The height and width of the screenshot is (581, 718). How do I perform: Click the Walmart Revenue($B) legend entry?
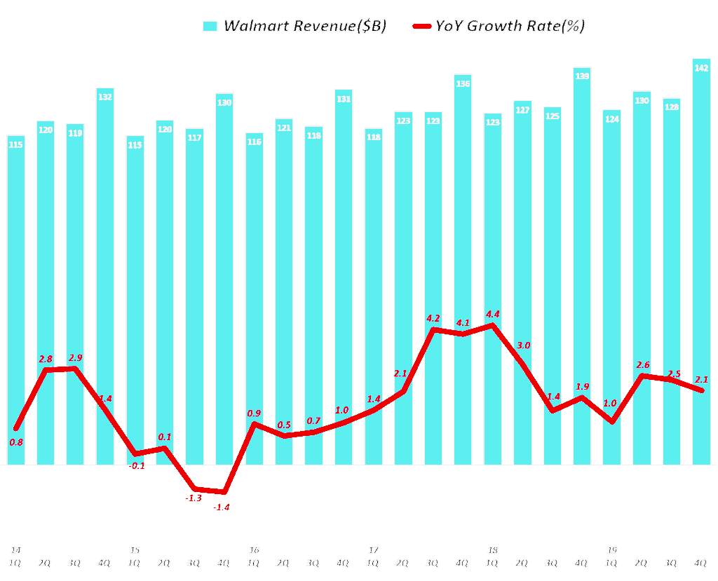(294, 26)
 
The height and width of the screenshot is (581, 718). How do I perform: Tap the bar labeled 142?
(701, 266)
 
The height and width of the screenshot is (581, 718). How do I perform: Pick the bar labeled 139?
(582, 266)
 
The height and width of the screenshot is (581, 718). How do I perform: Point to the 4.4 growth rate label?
(492, 314)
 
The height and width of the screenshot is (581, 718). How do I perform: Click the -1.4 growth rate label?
(222, 507)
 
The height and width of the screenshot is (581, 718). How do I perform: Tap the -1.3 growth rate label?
(194, 498)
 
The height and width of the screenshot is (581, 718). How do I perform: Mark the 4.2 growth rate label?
(433, 318)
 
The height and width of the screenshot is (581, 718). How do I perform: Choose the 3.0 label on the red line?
(523, 346)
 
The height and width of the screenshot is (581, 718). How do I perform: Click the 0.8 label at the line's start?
(16, 442)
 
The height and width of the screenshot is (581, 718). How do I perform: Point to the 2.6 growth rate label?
(642, 365)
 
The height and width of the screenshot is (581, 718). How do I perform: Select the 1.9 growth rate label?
(582, 387)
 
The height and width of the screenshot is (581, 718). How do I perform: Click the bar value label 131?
(344, 100)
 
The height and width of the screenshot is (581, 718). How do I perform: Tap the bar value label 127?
(522, 111)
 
